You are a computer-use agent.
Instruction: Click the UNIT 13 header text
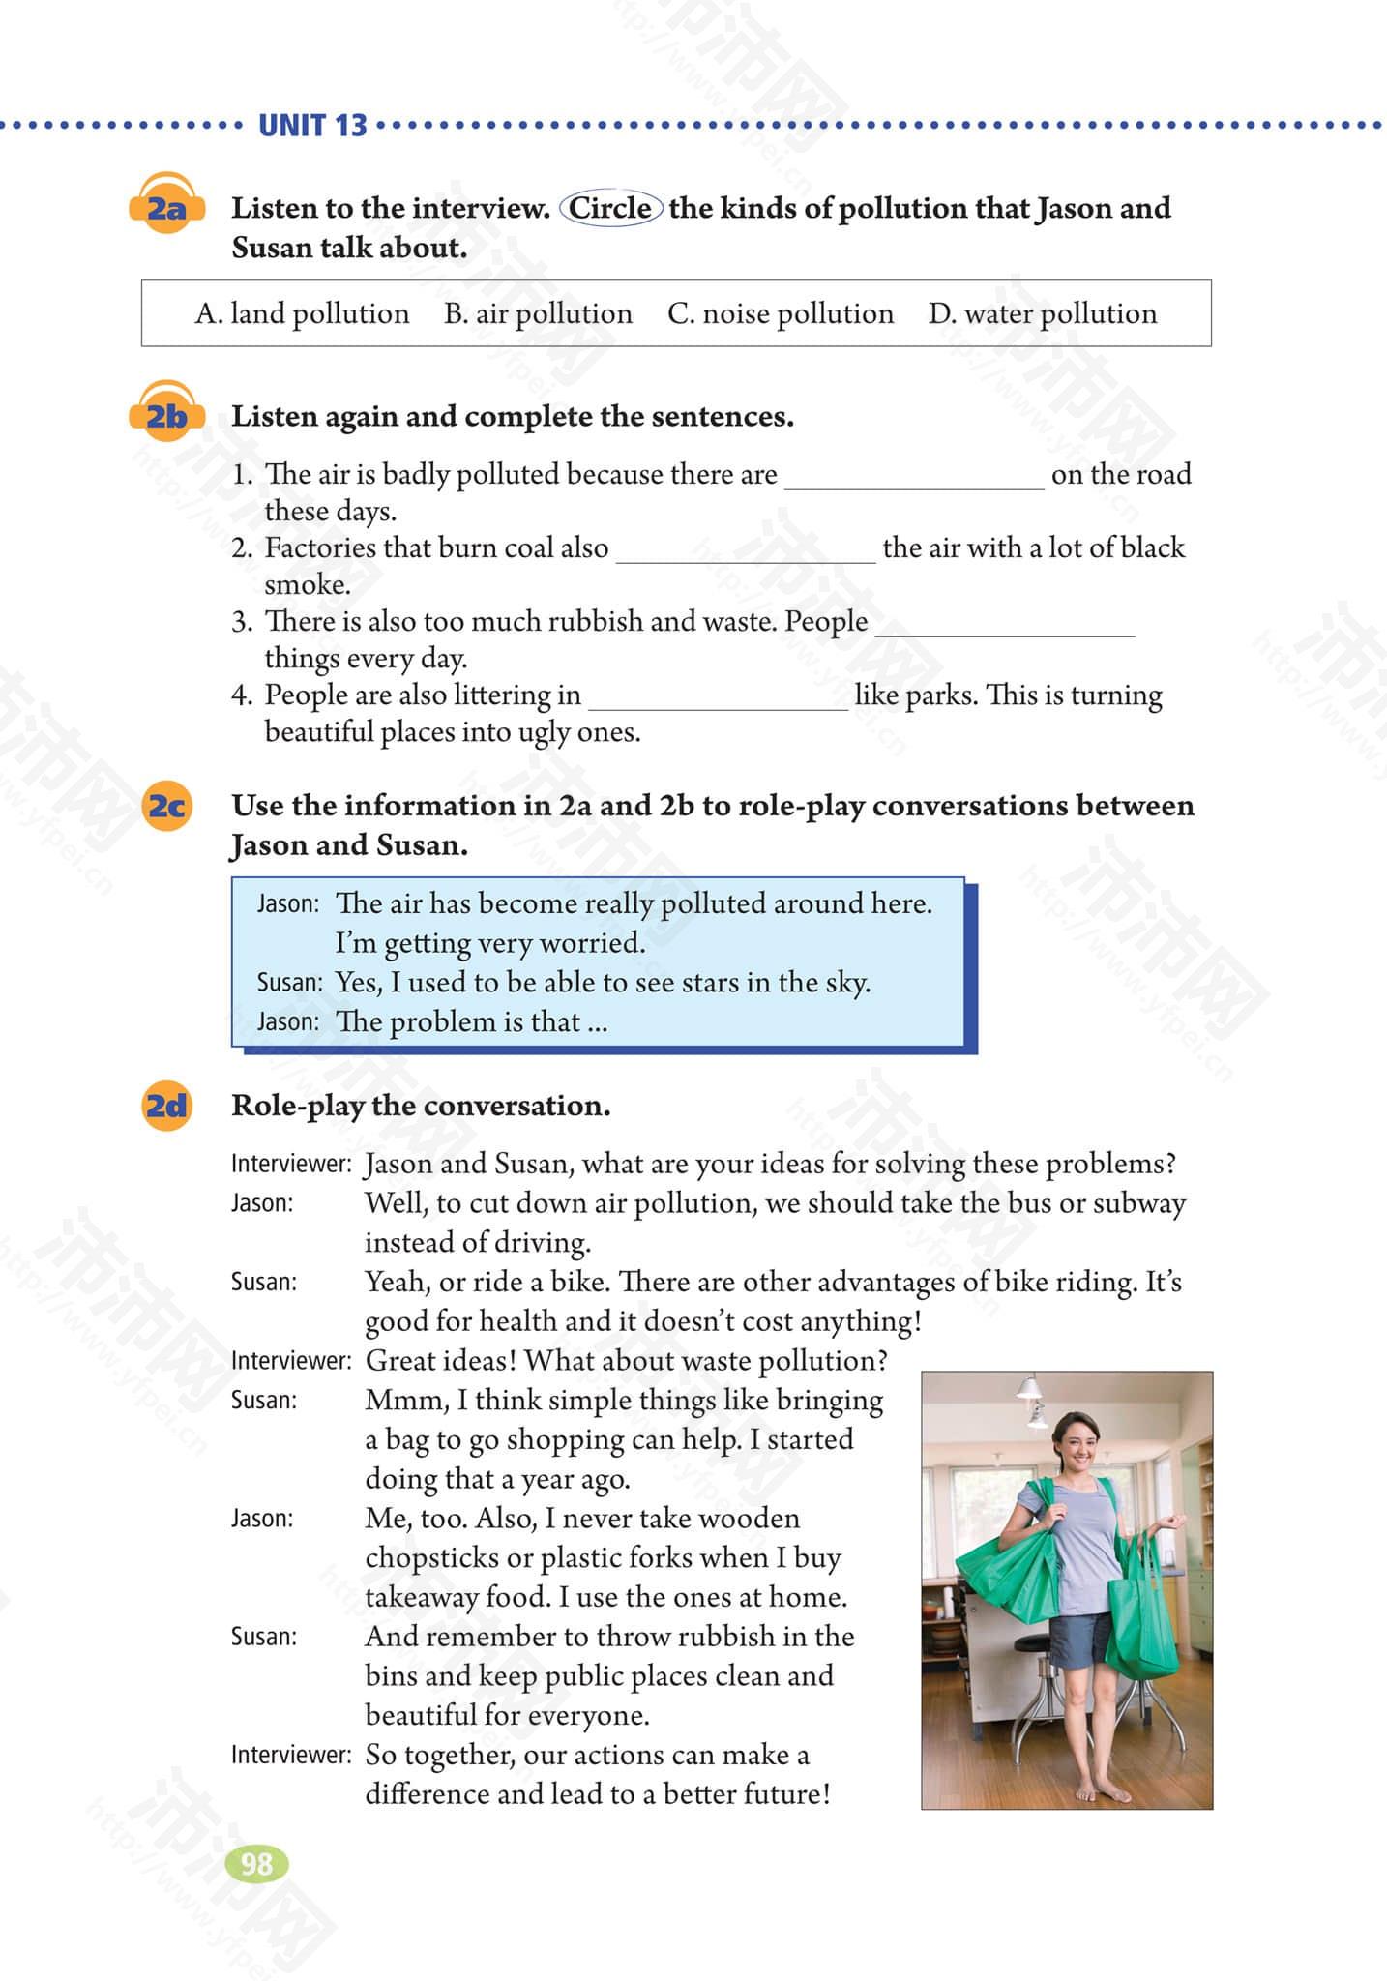click(312, 126)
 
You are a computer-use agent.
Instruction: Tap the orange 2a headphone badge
click(165, 206)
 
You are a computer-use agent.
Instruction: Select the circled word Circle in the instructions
click(610, 208)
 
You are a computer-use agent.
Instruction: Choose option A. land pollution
click(302, 313)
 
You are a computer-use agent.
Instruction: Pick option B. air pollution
click(538, 313)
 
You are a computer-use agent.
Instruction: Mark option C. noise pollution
click(781, 313)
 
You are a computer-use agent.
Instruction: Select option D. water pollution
click(1043, 313)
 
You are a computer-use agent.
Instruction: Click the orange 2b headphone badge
click(165, 416)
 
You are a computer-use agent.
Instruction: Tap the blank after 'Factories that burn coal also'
click(745, 551)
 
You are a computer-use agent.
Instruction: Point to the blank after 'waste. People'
click(1004, 625)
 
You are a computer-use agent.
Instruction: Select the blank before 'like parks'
click(718, 698)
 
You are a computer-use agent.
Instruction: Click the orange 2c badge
click(166, 806)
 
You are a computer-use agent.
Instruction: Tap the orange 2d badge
click(166, 1105)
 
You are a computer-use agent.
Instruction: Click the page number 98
click(256, 1864)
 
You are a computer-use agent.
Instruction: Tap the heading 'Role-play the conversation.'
click(421, 1106)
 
